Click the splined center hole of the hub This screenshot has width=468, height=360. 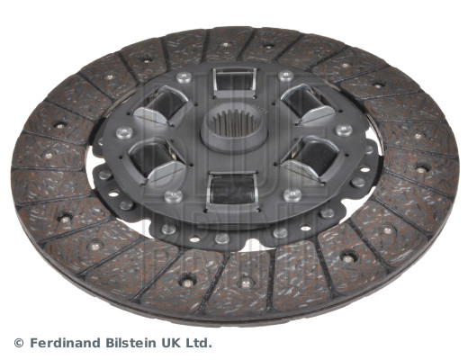(x=233, y=123)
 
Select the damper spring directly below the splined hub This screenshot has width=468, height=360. (x=231, y=188)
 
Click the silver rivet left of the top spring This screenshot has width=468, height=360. (x=184, y=77)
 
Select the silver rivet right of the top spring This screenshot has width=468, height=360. (x=285, y=76)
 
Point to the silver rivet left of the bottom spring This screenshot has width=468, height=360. (x=174, y=196)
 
